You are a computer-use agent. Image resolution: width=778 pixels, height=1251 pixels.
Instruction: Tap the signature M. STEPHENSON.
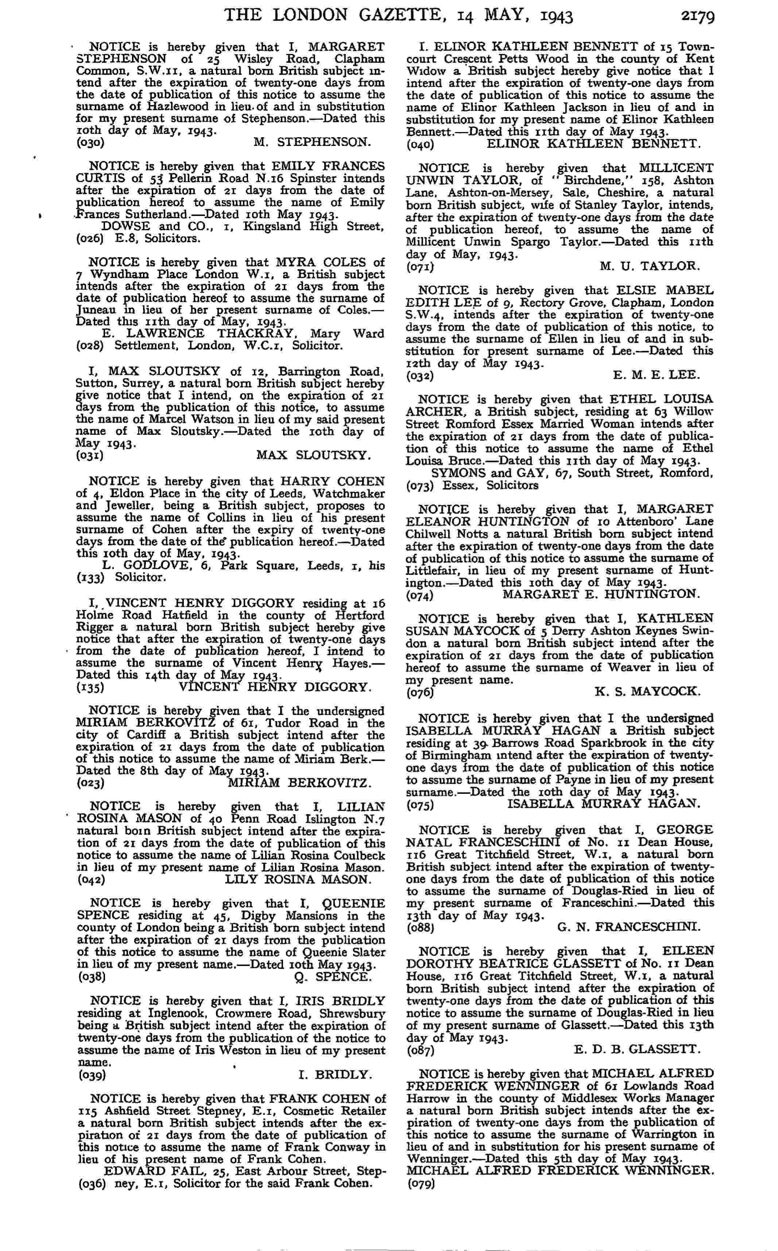pos(312,142)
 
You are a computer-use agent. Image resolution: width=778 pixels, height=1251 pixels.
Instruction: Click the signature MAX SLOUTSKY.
pos(313,455)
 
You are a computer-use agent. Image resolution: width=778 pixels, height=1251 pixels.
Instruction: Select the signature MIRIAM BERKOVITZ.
pos(299,783)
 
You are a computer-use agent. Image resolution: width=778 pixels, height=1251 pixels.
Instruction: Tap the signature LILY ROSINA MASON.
pos(298,880)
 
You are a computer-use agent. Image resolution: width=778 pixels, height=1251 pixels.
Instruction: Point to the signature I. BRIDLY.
pos(334,1074)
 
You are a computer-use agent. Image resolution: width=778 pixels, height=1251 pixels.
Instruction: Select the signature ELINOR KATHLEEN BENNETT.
pos(593,144)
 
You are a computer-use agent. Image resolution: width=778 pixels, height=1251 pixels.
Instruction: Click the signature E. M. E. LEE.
pos(656,375)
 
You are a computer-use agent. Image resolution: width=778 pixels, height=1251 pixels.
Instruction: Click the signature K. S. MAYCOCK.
pos(647,692)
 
